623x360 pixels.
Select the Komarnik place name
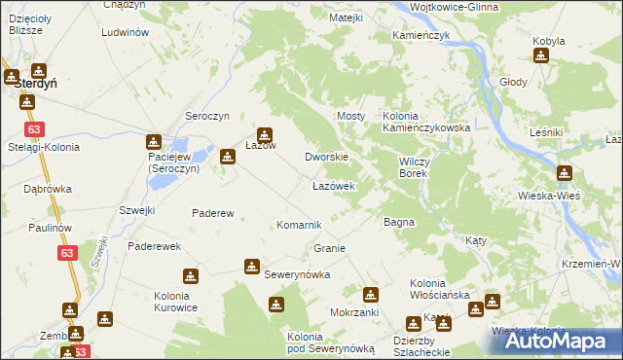point(299,225)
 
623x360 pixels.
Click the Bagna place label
point(399,222)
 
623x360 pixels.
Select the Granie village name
point(330,248)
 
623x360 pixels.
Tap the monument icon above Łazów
point(264,135)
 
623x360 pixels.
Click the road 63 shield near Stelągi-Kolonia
point(35,129)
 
